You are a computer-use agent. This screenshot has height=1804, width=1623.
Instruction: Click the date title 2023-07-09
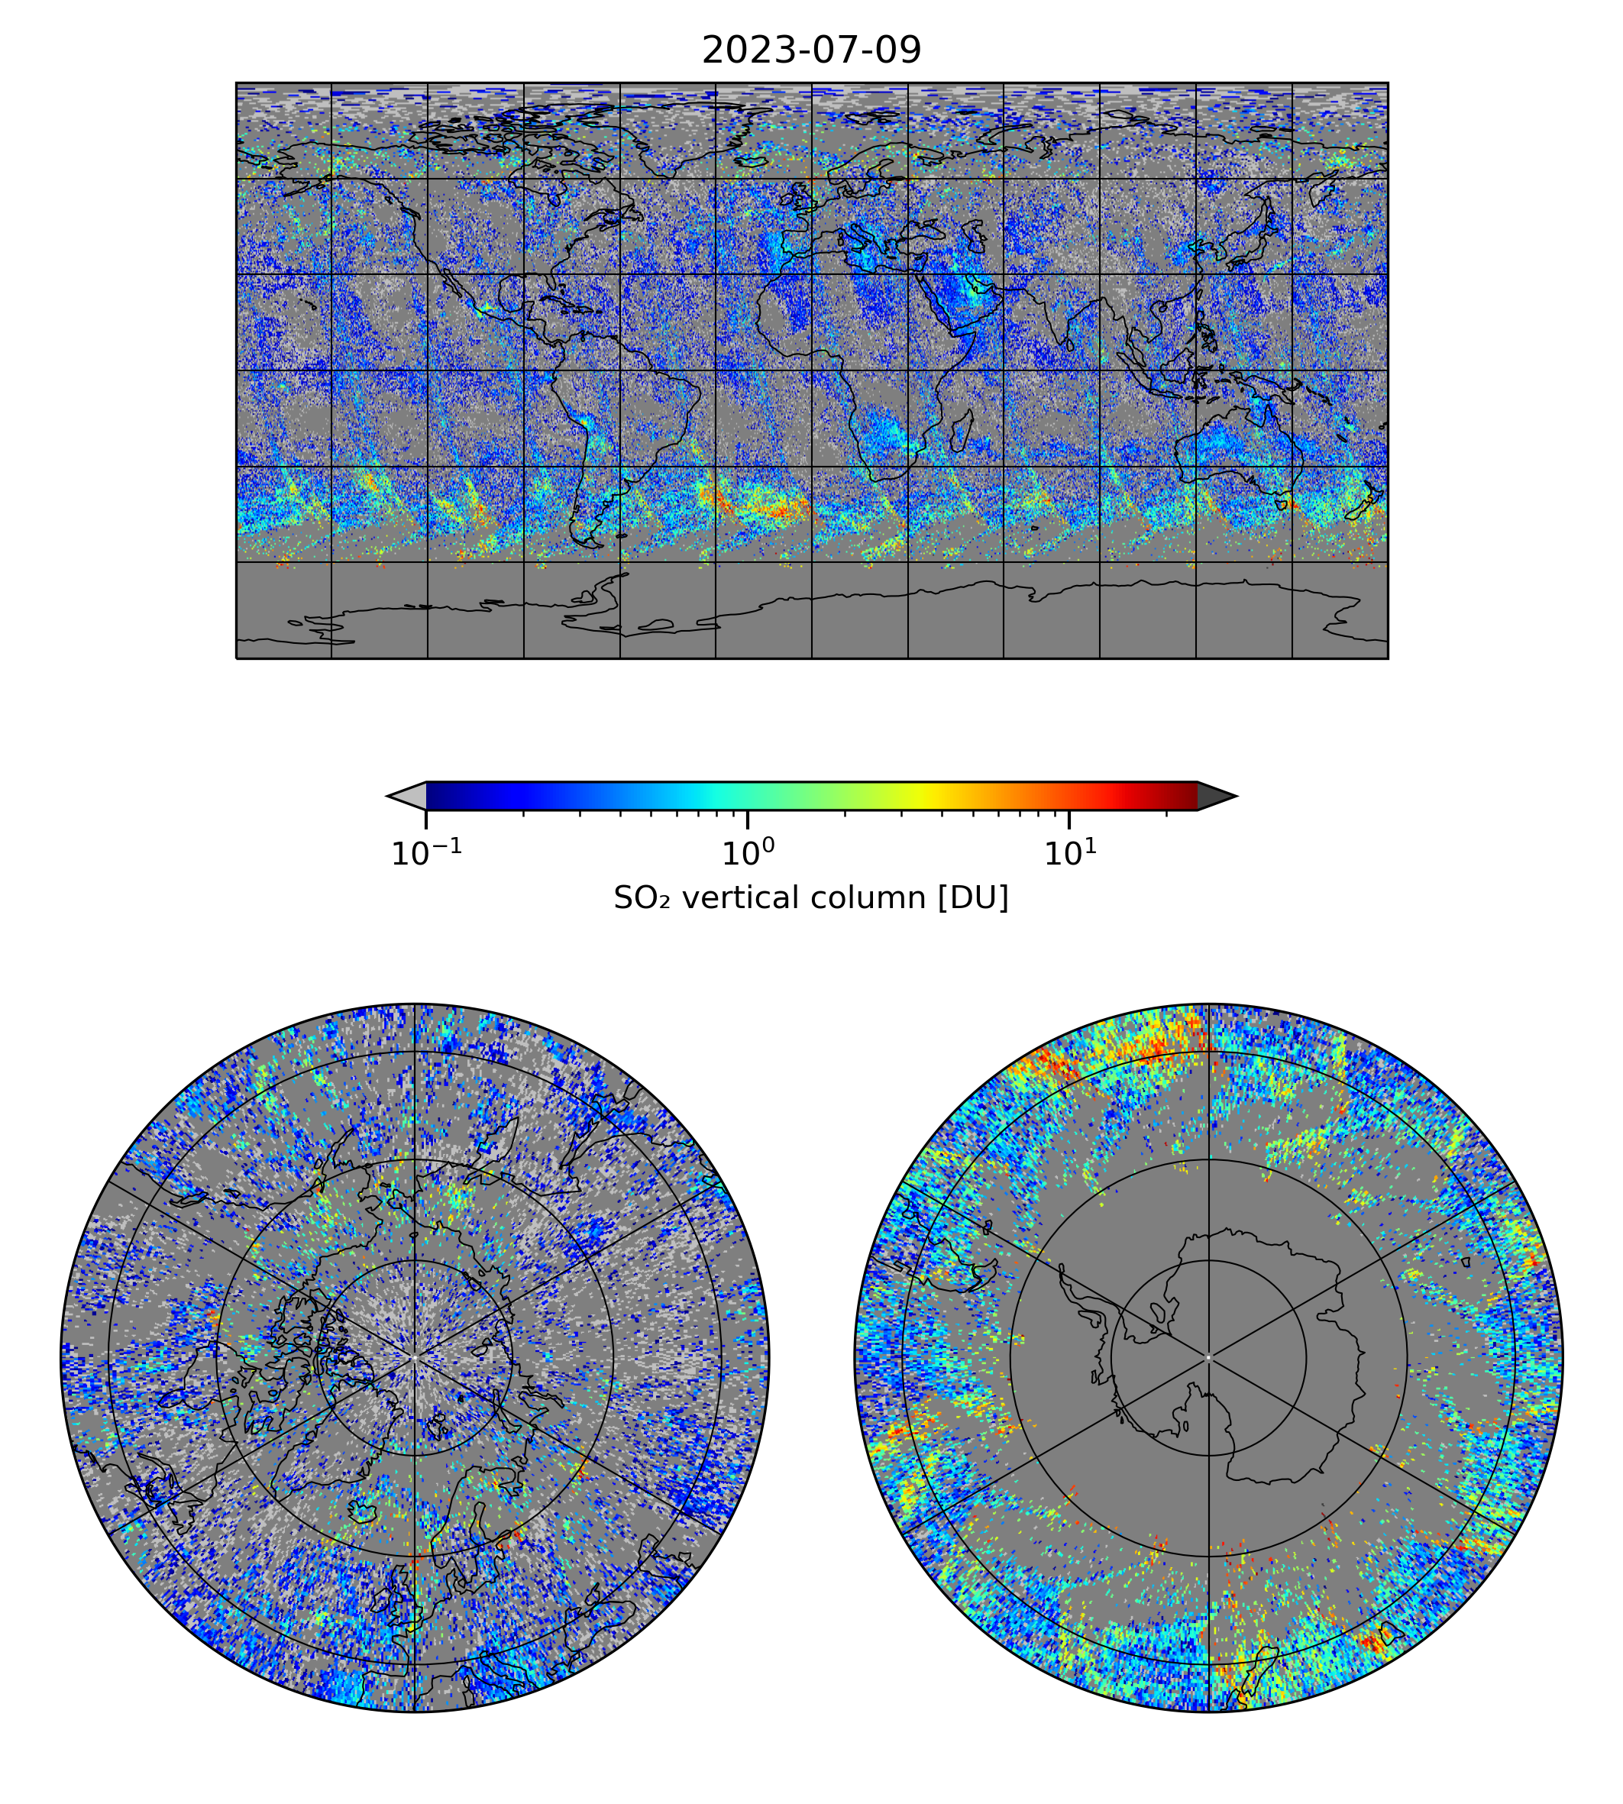point(811,51)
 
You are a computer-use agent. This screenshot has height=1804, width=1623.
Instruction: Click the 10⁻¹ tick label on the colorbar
point(426,853)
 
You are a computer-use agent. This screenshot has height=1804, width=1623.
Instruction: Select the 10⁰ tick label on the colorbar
point(747,853)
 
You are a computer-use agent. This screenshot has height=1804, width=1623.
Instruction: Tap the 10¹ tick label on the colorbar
point(1069,853)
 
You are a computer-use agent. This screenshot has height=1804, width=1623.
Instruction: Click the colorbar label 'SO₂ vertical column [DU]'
point(811,898)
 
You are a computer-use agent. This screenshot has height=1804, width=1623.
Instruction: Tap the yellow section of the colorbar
point(927,795)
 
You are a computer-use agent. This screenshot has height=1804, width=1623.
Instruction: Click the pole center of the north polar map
point(415,1357)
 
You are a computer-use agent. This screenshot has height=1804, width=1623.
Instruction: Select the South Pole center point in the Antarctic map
point(1208,1357)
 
